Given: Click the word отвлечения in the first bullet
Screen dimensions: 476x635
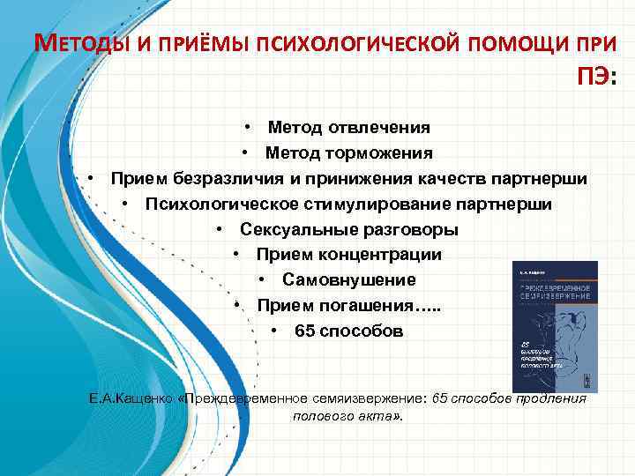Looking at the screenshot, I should pos(380,129).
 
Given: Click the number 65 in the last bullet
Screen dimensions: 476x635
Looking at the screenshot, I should pos(304,332).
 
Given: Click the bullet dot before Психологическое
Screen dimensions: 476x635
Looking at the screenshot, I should pos(129,205).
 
